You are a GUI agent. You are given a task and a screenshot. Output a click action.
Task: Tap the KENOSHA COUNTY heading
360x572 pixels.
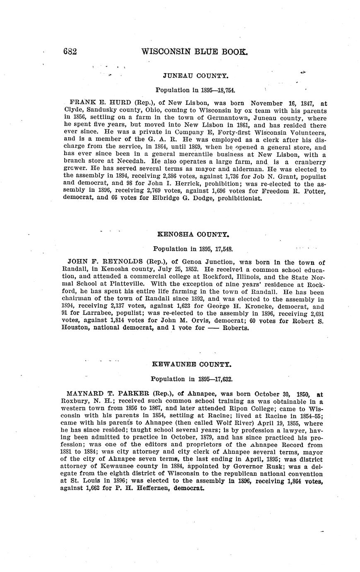[193, 234]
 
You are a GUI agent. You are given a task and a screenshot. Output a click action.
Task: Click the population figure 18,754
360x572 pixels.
[226, 90]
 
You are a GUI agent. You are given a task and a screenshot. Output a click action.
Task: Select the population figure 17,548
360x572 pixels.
[223, 249]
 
